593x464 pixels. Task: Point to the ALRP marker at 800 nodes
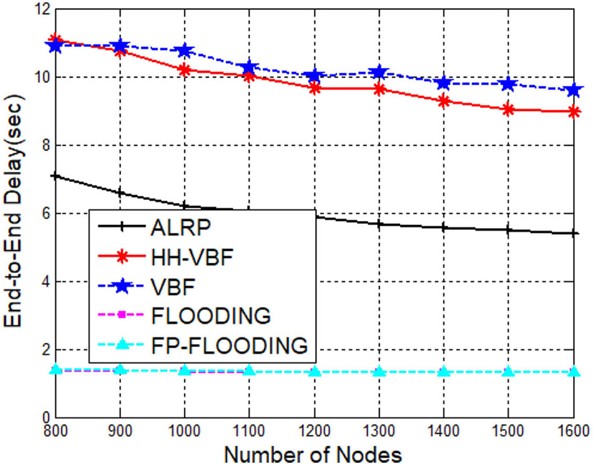55,177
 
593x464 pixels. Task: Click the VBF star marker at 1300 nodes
378,73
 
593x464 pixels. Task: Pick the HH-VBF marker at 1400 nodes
443,101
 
